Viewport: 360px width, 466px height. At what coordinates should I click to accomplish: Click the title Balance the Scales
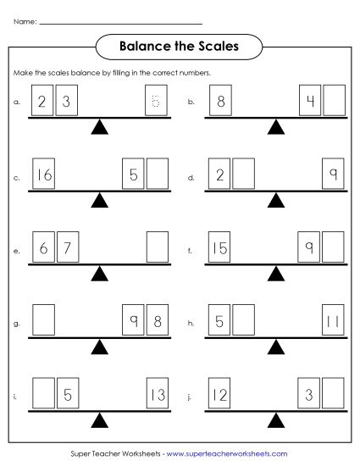(179, 47)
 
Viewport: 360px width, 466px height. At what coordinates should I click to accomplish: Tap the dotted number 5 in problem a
(157, 103)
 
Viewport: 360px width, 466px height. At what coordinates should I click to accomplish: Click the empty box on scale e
(157, 250)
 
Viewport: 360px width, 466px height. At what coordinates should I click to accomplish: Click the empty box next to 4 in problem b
(334, 103)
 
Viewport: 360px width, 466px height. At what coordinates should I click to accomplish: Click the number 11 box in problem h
(334, 323)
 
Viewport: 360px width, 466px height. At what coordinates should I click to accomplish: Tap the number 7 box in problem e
(69, 250)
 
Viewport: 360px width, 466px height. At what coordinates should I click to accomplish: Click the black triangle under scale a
(101, 128)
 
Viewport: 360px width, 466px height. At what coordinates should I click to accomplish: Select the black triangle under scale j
(276, 421)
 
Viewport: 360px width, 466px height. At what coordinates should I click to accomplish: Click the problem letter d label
(191, 178)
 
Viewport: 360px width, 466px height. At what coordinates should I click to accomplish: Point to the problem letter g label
(16, 325)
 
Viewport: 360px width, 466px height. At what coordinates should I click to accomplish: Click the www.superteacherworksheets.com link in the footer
(223, 454)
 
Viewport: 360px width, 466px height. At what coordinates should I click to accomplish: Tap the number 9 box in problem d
(334, 176)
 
